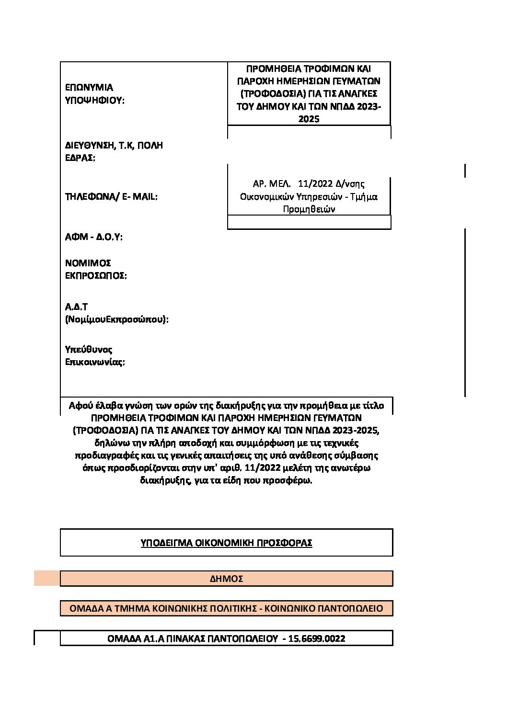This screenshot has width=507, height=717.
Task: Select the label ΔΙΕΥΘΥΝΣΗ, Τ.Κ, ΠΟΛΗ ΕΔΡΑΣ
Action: click(x=114, y=151)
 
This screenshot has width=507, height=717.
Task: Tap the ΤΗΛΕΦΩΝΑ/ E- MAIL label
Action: click(x=111, y=196)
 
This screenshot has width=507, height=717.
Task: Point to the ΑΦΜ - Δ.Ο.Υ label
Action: click(x=93, y=237)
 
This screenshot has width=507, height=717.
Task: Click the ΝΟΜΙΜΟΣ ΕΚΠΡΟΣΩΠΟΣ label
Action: click(x=96, y=269)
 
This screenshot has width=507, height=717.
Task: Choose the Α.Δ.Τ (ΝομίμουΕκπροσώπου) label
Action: click(x=117, y=313)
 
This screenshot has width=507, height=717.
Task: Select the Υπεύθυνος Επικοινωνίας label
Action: click(x=95, y=355)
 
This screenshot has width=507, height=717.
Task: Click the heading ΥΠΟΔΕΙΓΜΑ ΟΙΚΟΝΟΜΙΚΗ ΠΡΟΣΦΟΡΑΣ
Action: click(x=226, y=543)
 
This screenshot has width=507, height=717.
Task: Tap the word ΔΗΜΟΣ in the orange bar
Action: click(x=226, y=579)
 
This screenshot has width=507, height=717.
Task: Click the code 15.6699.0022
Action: click(x=317, y=638)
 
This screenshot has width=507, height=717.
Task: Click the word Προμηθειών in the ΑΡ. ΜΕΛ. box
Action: click(x=309, y=209)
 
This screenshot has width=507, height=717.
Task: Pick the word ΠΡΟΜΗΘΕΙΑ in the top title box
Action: click(x=270, y=68)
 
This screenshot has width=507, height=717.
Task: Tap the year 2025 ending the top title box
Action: click(x=309, y=119)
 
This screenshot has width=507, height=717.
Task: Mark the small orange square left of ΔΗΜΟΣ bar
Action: click(x=46, y=579)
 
